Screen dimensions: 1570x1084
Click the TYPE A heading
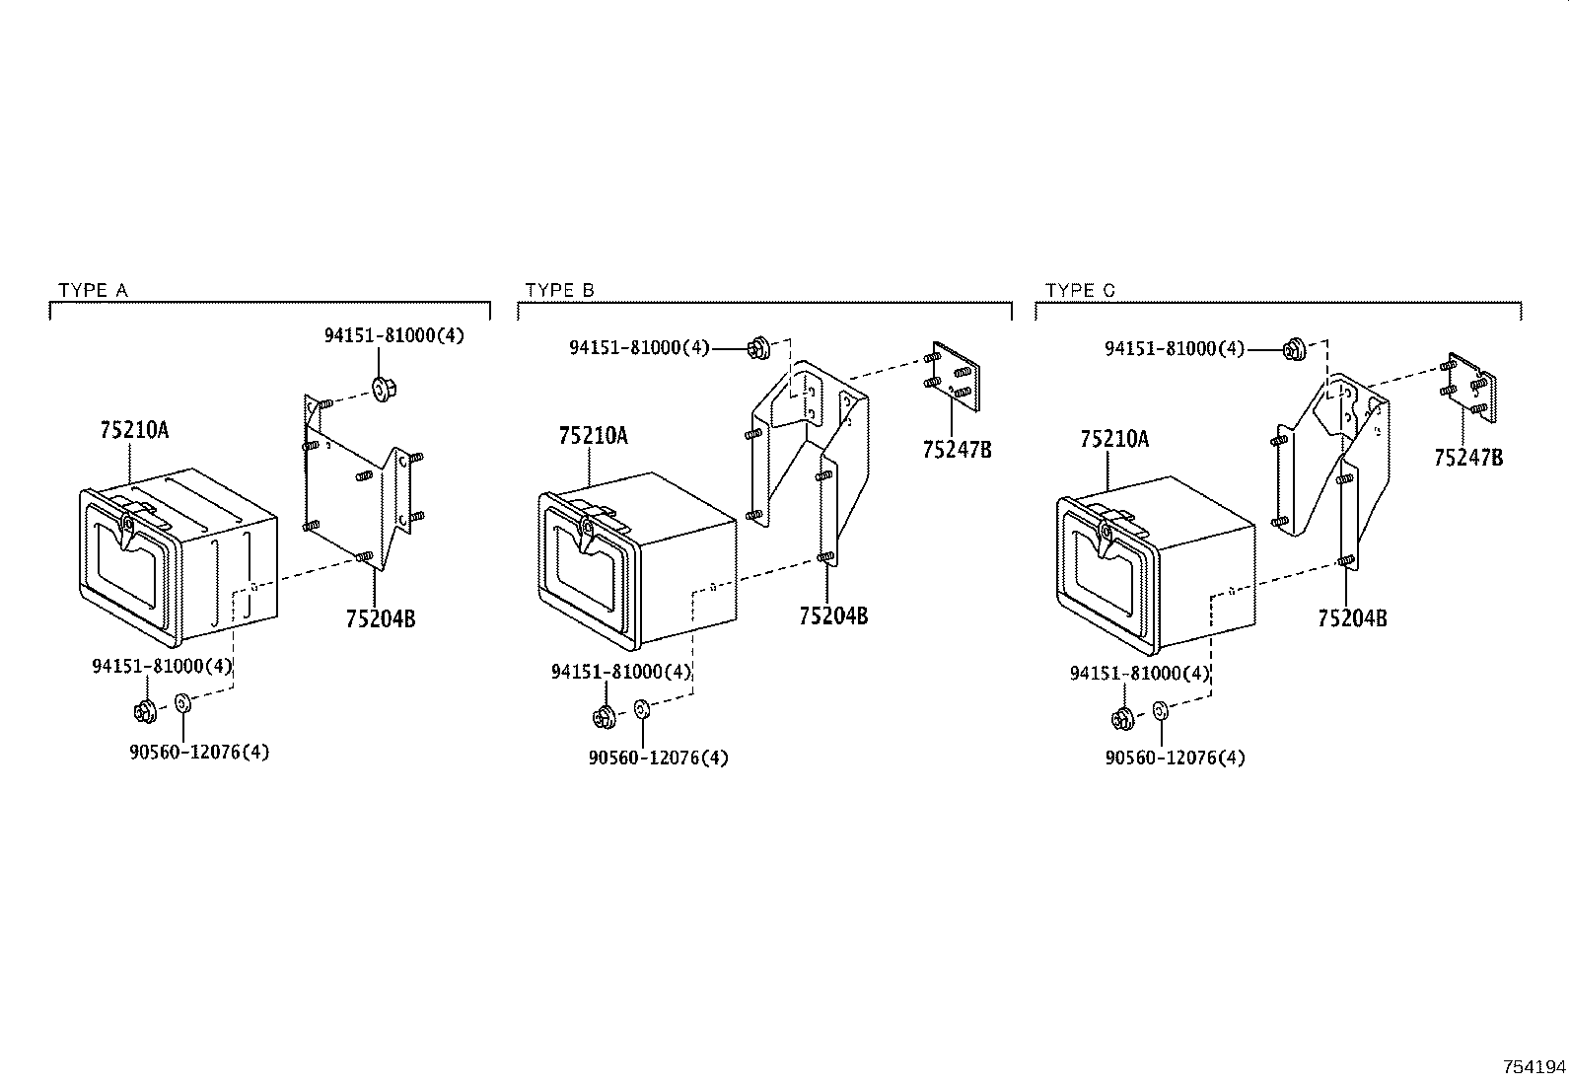pos(94,290)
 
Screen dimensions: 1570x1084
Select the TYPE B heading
pos(559,290)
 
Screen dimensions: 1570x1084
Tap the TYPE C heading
pos(1079,290)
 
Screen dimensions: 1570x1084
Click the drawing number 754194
pos(1534,1067)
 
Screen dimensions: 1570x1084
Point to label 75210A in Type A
pos(134,430)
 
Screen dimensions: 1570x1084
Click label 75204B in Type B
pos(833,615)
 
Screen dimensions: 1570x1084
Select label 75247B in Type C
pos(1468,458)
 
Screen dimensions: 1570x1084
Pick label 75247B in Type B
pos(957,450)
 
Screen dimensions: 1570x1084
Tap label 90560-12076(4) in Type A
pos(199,753)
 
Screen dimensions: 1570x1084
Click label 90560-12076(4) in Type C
pos(1176,758)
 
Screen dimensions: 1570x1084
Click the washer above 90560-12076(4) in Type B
pos(641,709)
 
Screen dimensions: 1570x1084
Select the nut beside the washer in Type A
pos(145,712)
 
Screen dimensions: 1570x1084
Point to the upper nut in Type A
pos(382,388)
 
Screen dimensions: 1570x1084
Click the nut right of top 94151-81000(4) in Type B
pos(758,348)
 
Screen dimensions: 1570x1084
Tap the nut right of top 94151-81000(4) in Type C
pos(1295,348)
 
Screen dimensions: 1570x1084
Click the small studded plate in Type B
pos(953,376)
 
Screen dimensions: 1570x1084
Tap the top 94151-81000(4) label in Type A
pos(393,336)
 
